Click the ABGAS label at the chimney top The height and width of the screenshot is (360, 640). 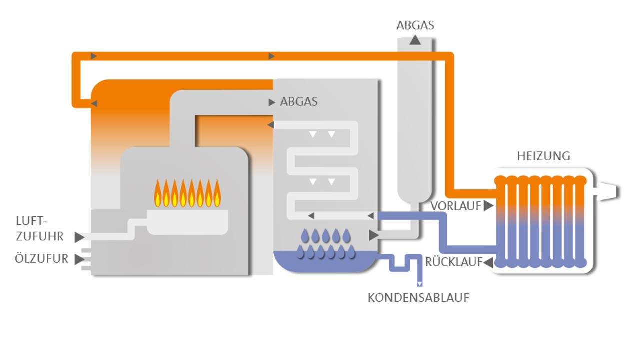pos(415,25)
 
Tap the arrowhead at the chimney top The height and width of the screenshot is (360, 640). pos(415,40)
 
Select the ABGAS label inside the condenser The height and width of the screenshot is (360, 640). pos(299,102)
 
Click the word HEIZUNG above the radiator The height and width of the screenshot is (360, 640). pos(543,156)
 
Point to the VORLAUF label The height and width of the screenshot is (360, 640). pos(456,206)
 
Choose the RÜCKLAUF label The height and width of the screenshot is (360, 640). pos(454,262)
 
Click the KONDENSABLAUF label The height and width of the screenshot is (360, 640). pos(418,298)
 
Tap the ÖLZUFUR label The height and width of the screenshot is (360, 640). pos(41,259)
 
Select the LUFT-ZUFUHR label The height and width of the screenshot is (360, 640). pos(40,229)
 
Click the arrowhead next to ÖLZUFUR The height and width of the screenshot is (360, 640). pos(79,259)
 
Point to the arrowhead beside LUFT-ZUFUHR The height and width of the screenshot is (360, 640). pos(79,237)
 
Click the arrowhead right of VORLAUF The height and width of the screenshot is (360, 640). pos(488,206)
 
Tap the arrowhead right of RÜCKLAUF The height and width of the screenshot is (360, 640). pos(488,262)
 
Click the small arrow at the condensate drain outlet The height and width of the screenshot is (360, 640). pos(419,284)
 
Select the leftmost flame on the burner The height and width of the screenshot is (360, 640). pos(158,194)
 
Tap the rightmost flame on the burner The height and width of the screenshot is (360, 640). pos(217,194)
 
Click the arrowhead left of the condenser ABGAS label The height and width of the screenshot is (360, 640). pos(272,102)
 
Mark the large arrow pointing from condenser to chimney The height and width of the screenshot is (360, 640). pos(373,235)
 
